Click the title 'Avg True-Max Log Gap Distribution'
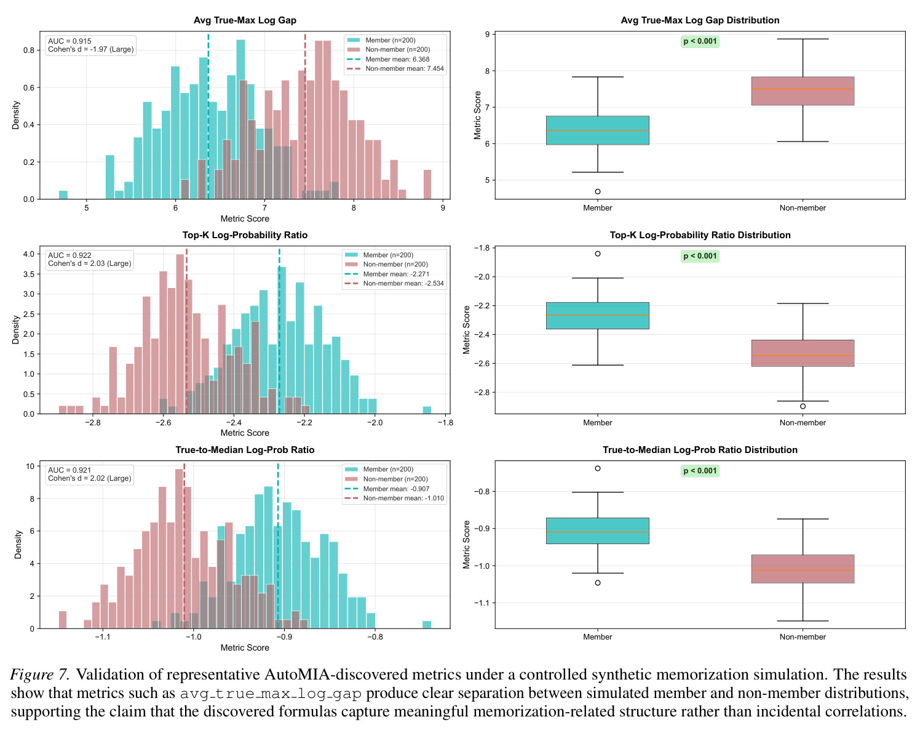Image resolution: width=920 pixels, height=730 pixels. click(700, 20)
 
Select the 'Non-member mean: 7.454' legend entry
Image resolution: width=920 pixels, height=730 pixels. click(395, 68)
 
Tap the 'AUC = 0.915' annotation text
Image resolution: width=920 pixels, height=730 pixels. click(69, 41)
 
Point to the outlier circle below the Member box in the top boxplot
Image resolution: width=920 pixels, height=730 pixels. click(598, 191)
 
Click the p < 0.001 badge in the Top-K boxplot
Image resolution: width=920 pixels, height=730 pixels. click(700, 256)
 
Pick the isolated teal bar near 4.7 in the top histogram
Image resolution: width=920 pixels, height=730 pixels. click(63, 195)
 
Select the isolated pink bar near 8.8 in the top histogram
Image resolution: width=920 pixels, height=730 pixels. click(427, 185)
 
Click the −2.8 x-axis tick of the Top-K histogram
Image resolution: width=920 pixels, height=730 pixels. click(93, 423)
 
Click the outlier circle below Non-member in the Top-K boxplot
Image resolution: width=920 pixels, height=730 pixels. click(803, 406)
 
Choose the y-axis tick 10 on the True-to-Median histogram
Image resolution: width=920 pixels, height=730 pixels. click(30, 467)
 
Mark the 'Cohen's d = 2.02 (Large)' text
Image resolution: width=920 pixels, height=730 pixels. click(90, 478)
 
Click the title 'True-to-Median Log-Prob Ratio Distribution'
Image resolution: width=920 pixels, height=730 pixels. click(700, 450)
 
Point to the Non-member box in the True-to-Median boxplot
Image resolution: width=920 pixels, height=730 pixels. click(803, 569)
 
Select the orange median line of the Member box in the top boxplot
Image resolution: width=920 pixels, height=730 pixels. click(598, 130)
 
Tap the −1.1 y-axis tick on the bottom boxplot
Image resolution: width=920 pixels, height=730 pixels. click(482, 603)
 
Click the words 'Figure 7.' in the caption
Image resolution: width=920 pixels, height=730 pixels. click(40, 675)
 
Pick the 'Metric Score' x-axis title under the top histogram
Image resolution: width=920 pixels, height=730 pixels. click(245, 219)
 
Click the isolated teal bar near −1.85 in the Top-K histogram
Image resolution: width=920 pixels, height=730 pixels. click(427, 410)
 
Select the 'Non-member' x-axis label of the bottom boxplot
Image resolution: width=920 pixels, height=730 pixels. click(803, 636)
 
